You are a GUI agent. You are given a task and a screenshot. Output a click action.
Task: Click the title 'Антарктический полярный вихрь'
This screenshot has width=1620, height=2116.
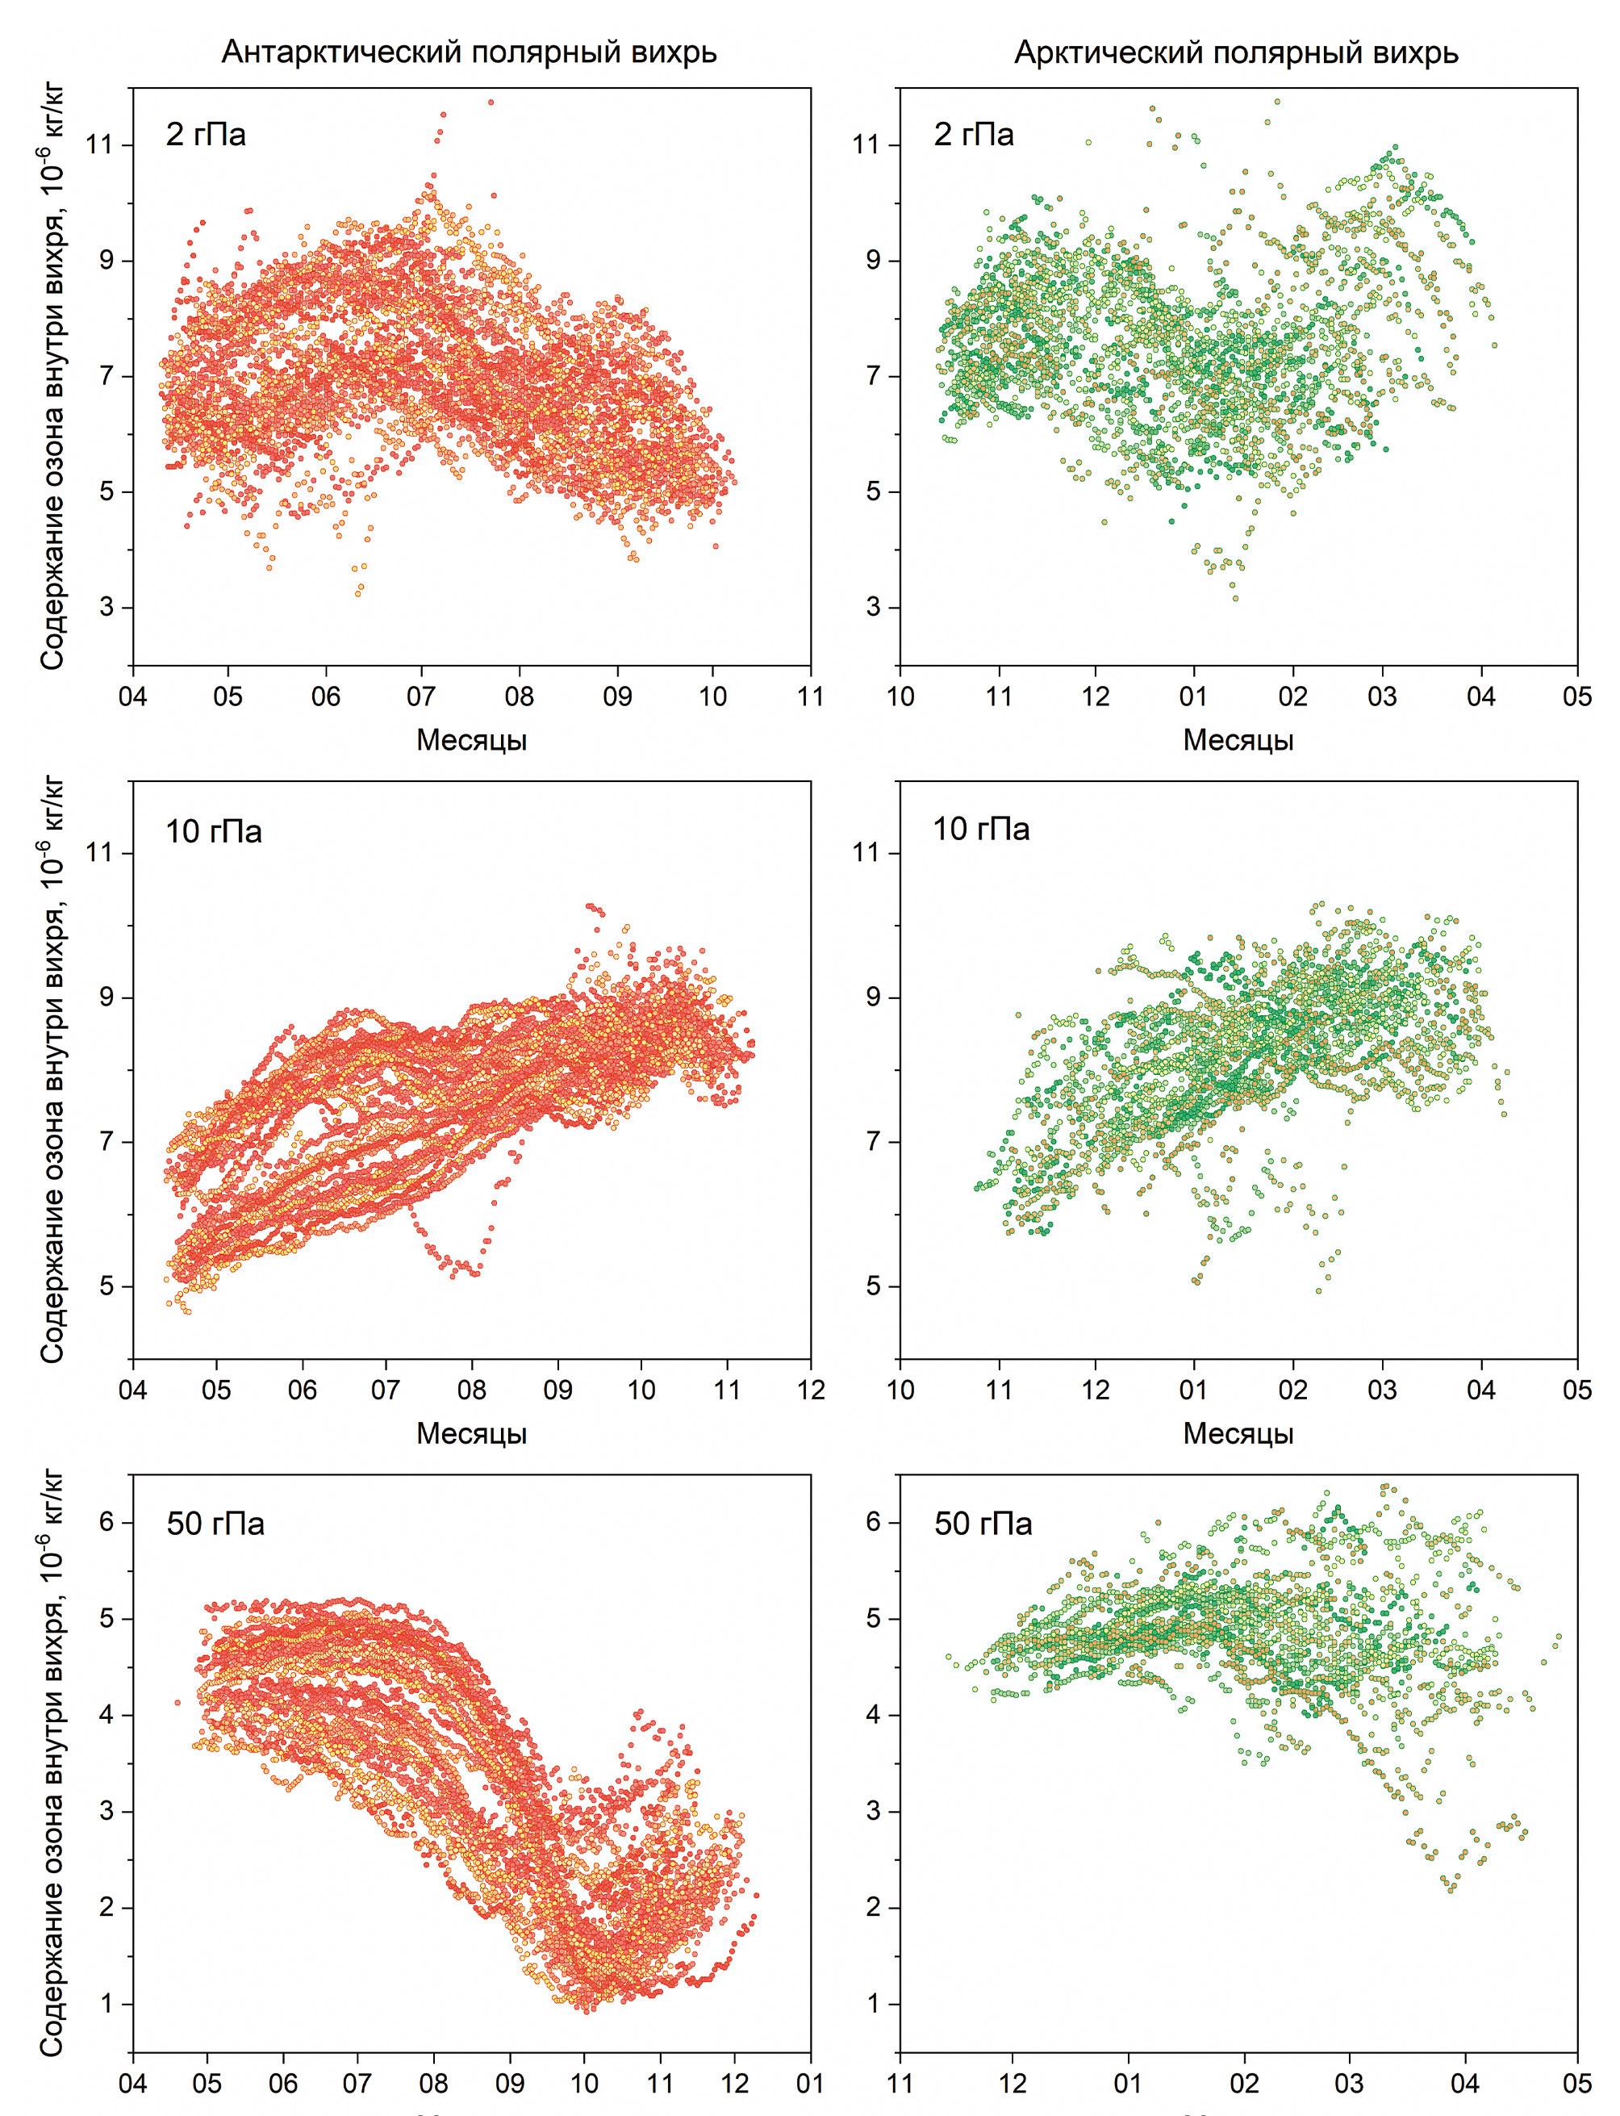(469, 52)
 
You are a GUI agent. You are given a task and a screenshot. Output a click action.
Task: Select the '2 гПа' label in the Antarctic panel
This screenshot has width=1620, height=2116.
(206, 134)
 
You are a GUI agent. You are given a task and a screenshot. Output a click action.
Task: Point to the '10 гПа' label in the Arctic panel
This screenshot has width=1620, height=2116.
(981, 830)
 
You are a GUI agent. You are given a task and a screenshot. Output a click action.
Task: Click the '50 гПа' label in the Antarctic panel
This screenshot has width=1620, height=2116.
(215, 1524)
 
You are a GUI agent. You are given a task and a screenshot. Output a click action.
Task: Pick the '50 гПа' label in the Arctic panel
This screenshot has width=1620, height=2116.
(983, 1524)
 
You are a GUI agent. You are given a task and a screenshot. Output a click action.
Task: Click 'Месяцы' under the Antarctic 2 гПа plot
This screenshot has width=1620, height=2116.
(471, 740)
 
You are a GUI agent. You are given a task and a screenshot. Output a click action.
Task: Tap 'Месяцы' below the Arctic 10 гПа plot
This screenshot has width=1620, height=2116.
(1238, 1433)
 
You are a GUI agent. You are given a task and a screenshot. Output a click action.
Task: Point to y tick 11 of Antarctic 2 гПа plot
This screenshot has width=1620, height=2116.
(98, 144)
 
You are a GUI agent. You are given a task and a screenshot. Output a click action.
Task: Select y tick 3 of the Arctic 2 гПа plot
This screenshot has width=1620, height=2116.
(873, 607)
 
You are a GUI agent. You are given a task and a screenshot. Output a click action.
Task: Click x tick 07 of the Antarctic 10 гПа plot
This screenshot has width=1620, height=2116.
(386, 1390)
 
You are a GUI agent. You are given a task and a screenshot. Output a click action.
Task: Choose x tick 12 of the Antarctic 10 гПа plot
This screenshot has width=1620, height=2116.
(811, 1390)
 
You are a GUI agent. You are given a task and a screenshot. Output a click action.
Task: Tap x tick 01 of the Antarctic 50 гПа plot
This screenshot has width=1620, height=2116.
(810, 2083)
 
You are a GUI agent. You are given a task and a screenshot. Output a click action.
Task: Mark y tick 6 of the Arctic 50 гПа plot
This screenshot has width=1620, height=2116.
(873, 1522)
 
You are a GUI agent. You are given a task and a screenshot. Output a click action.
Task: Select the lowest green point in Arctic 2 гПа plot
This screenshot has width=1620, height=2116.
(1235, 599)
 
